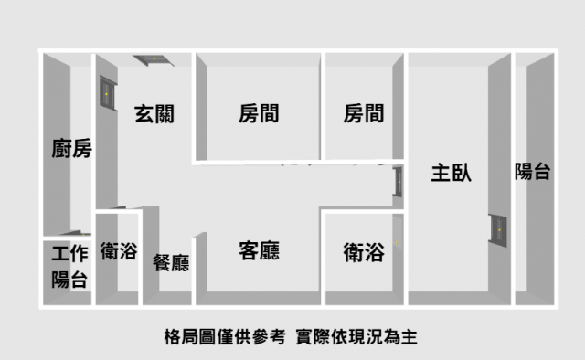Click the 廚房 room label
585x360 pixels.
point(71,148)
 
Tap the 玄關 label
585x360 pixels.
point(154,114)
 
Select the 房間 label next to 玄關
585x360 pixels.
point(259,113)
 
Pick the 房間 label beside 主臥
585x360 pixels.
point(364,113)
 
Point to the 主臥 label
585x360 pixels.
point(451,173)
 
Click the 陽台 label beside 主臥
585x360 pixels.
point(532,172)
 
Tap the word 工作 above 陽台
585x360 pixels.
point(69,254)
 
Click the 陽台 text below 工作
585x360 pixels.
point(69,280)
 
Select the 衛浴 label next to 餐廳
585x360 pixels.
point(119,250)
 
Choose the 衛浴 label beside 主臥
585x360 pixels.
point(364,252)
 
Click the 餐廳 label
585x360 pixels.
point(171,262)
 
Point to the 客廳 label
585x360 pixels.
point(259,250)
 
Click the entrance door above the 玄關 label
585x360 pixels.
point(154,60)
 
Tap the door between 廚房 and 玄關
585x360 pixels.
point(108,93)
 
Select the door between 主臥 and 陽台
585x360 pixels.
point(497,230)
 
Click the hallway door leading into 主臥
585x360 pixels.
point(398,182)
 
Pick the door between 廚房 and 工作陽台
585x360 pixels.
point(76,233)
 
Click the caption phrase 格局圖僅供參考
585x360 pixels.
point(225,337)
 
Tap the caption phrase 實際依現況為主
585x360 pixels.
point(356,337)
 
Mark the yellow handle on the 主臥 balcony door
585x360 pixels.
point(500,230)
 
